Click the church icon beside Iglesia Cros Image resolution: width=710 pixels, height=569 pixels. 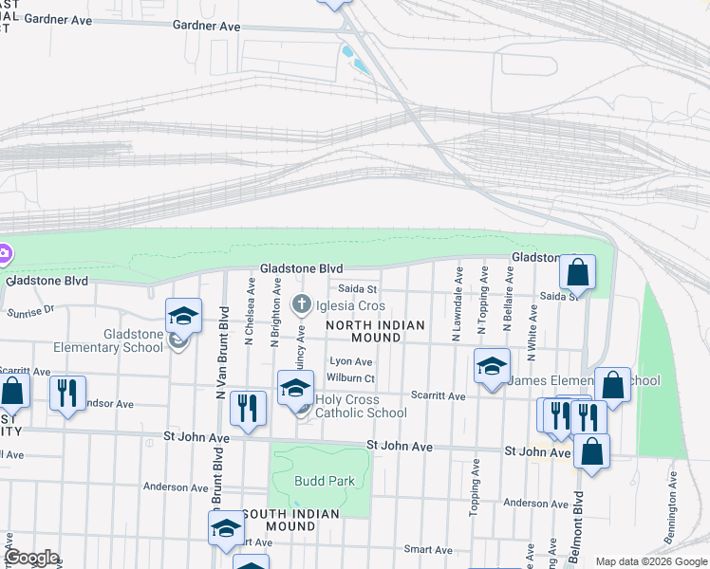[301, 305]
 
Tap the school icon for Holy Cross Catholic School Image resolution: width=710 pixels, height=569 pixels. [295, 388]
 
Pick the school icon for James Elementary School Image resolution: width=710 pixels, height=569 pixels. [492, 366]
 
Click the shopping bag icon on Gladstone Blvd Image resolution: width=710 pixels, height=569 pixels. [576, 273]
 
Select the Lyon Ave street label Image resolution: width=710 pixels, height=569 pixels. [347, 361]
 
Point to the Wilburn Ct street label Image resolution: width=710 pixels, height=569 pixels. [351, 378]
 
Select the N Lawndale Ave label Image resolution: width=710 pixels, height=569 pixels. [458, 303]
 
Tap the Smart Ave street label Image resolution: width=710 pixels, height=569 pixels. [427, 549]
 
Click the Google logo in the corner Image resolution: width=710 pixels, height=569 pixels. [31, 558]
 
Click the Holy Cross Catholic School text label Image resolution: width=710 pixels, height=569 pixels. [361, 406]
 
